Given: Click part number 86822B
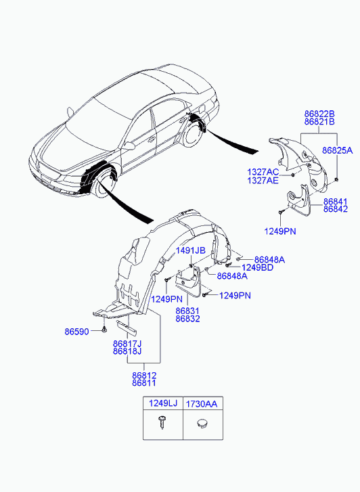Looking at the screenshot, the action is click(x=319, y=114).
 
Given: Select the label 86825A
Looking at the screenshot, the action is click(x=338, y=150).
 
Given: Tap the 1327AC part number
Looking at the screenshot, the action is click(x=263, y=172).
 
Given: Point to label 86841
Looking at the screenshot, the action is click(x=336, y=202).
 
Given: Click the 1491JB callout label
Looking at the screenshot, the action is click(x=191, y=250).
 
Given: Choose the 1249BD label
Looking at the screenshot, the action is click(x=257, y=267).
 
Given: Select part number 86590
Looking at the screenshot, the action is click(x=77, y=332).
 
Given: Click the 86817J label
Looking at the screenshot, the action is click(x=127, y=344).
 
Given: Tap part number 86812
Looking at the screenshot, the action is click(x=144, y=376).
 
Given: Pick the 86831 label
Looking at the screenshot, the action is click(x=187, y=311).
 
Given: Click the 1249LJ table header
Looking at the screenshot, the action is click(x=163, y=403).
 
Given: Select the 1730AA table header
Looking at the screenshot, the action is click(x=202, y=403).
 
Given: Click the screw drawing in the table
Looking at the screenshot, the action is click(x=162, y=422).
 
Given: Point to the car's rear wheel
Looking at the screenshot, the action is click(x=192, y=135).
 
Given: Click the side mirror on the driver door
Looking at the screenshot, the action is click(x=129, y=146).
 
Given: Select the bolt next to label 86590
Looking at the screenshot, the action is click(x=104, y=330).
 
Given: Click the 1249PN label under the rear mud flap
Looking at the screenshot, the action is click(x=280, y=231).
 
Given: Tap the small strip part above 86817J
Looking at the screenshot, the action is click(x=127, y=328).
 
